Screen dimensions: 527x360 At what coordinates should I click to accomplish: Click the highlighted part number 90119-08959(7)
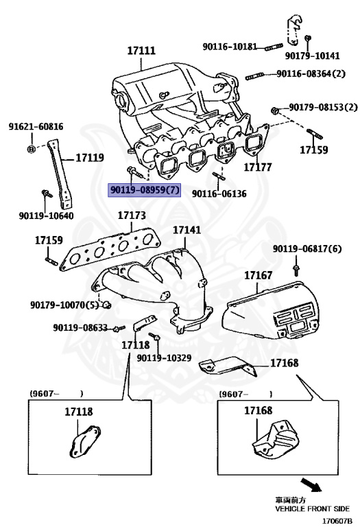click(x=145, y=189)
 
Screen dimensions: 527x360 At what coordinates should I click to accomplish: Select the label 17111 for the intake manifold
click(x=141, y=51)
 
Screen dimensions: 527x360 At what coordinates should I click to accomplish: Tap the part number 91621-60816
click(x=36, y=127)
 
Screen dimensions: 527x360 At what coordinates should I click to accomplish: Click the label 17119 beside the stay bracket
click(x=89, y=157)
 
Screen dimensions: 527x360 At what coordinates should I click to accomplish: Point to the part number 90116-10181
click(x=230, y=47)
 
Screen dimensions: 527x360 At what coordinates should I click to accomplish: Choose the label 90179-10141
click(x=312, y=56)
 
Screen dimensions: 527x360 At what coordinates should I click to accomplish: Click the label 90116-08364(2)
click(x=311, y=73)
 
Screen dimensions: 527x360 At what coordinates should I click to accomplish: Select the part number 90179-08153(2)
click(x=323, y=108)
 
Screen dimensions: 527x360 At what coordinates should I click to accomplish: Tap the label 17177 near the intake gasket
click(x=258, y=167)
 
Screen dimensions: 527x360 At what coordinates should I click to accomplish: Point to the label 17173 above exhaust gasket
click(x=131, y=215)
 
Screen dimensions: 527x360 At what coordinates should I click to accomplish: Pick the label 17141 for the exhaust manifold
click(x=187, y=231)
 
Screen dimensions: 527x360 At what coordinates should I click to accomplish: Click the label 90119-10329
click(x=164, y=358)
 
